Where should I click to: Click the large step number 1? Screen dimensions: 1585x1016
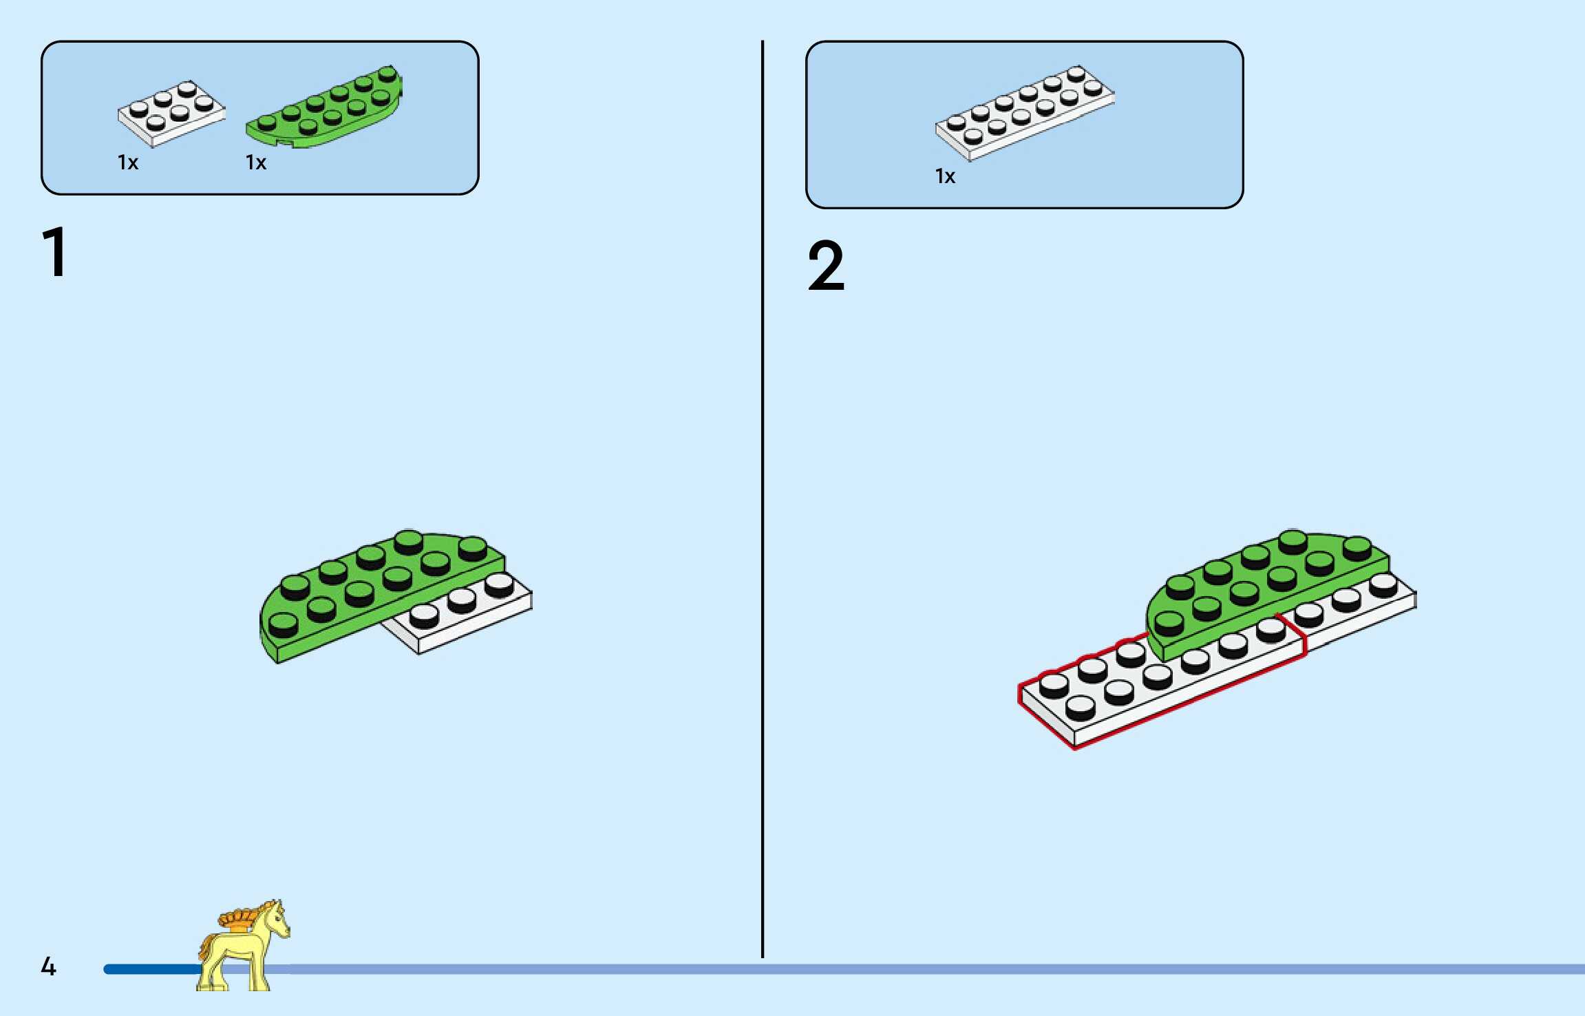click(55, 253)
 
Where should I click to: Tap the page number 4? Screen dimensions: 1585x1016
click(48, 967)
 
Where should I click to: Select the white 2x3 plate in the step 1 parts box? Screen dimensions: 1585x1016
click(171, 113)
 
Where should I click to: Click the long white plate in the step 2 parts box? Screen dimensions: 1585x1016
click(1024, 113)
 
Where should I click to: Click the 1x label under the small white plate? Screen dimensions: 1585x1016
click(128, 163)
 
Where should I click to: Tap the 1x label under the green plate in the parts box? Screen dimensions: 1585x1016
click(256, 163)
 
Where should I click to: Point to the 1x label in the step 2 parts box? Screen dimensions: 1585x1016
click(945, 177)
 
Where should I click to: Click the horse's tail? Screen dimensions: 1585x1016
click(204, 946)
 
